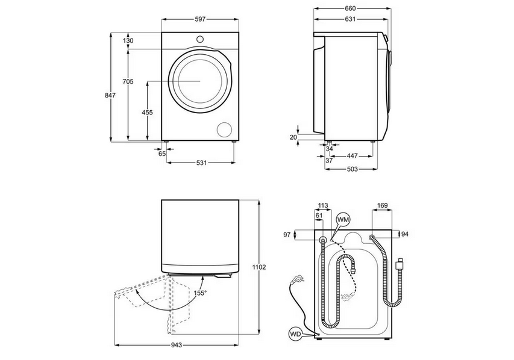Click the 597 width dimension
coord(200,19)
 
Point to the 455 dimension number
coord(147,113)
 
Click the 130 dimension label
coord(128,40)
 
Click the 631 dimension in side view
coord(350,19)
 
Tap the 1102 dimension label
coord(259,267)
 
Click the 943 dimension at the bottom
coord(177,346)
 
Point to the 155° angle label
coord(199,293)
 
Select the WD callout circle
coord(296,332)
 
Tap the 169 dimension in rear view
coord(381,206)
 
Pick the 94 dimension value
coord(405,234)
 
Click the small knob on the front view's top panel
coord(200,39)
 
